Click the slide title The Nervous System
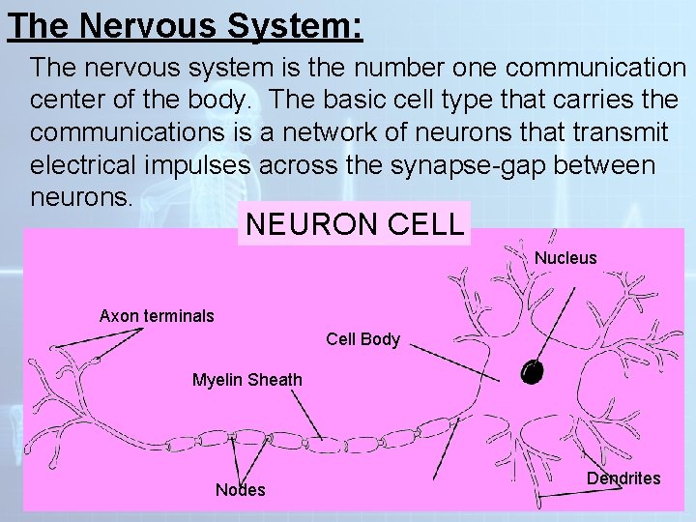(x=185, y=25)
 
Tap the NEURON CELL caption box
(x=354, y=224)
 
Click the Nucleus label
(x=565, y=258)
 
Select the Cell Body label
(x=362, y=339)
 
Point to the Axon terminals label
(x=157, y=315)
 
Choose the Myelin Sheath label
(x=246, y=379)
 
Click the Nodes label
(x=240, y=490)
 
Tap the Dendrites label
(x=623, y=478)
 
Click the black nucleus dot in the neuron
(x=532, y=372)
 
